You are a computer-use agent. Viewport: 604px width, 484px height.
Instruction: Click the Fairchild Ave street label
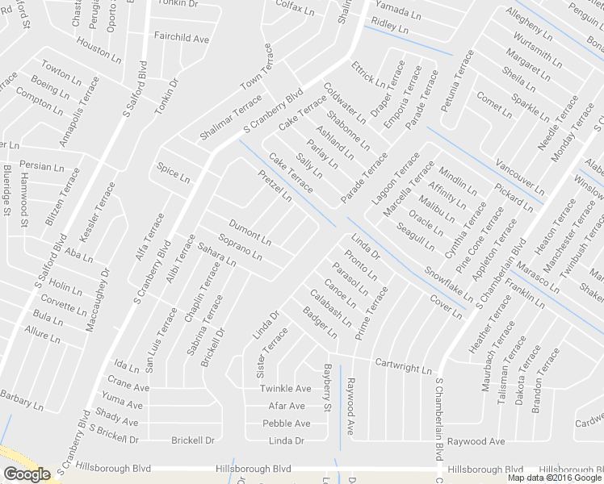coord(181,38)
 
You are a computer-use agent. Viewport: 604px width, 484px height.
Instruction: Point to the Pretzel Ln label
coord(275,186)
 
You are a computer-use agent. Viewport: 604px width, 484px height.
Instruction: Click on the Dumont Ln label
coord(250,232)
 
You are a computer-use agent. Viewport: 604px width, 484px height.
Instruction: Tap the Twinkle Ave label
coord(285,389)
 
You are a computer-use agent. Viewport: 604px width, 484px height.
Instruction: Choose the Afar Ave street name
coord(287,406)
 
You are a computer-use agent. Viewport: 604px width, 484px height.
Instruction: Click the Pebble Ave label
coord(286,423)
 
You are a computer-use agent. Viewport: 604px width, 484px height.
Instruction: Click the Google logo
coord(27,474)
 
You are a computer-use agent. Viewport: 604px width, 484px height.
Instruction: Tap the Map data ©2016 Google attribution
coord(554,478)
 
